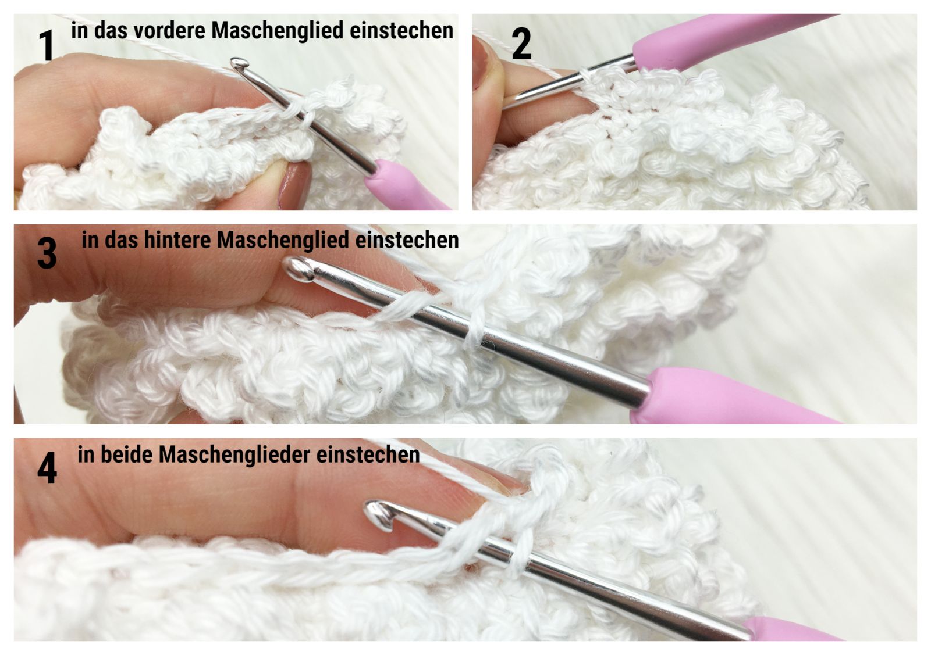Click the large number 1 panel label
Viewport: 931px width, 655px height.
pos(47,45)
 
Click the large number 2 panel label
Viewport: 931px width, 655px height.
pos(521,44)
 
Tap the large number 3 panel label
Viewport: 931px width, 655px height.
pos(47,253)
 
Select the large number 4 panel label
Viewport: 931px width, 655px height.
pos(47,468)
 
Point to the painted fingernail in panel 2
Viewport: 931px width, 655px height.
pos(481,64)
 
